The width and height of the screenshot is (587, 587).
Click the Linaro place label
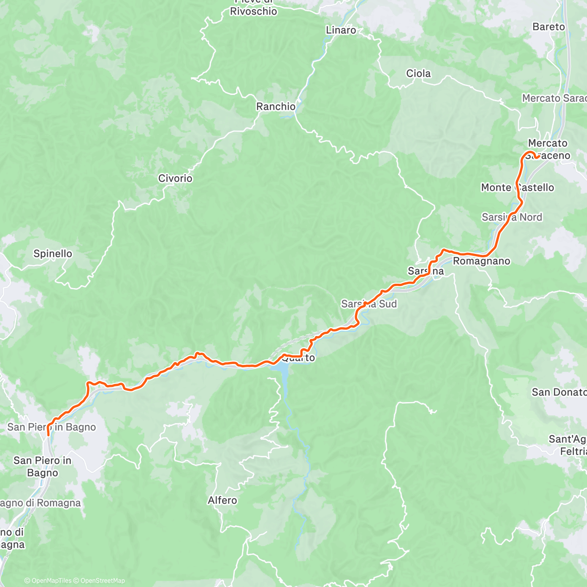(x=341, y=30)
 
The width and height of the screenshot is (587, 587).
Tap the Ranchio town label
(x=276, y=107)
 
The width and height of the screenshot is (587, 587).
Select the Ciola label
(x=418, y=73)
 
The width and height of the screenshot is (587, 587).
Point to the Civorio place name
(x=175, y=179)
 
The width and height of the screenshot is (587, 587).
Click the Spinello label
(x=53, y=253)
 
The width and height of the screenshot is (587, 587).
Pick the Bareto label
(x=548, y=27)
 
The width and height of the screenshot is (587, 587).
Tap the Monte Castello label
(x=518, y=187)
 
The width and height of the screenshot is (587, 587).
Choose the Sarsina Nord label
(x=512, y=217)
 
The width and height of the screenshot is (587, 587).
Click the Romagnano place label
(x=481, y=261)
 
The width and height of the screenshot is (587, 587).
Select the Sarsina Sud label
(x=369, y=304)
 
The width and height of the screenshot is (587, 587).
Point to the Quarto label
(x=298, y=358)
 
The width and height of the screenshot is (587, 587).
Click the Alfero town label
(x=222, y=500)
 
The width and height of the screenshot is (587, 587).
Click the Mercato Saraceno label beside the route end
(x=548, y=149)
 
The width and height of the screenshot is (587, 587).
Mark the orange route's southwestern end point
(x=48, y=434)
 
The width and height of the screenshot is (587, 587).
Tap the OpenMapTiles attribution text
(x=50, y=581)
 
